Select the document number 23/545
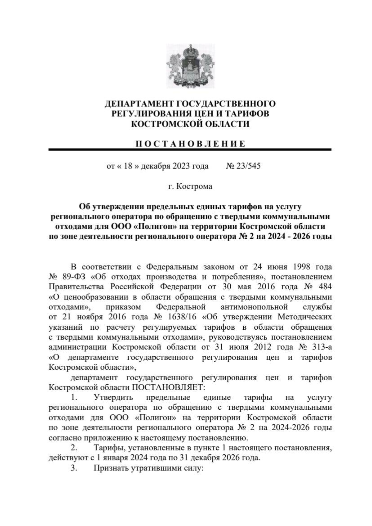[248, 166]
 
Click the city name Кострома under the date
[194, 186]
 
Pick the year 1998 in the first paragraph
[298, 267]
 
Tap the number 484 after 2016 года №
[324, 287]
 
